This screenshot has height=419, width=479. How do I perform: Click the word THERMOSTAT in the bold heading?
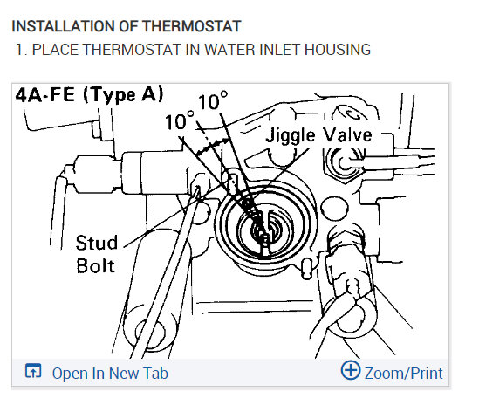point(192,26)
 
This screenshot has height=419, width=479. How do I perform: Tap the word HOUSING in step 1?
point(338,50)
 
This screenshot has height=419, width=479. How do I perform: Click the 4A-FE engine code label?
point(44,95)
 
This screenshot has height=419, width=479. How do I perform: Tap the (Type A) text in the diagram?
point(123,95)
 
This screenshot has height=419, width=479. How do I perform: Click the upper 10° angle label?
point(213,100)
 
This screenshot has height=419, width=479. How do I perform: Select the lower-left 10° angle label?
point(180,120)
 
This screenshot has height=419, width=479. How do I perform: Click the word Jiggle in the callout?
point(291,135)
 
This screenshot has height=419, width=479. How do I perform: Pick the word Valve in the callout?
point(347,134)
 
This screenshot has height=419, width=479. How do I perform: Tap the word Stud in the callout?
point(97,243)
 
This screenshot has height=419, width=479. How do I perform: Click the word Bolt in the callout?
point(95,265)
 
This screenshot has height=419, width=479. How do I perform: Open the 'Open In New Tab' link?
point(110,373)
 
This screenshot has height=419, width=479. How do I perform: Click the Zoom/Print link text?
point(404,374)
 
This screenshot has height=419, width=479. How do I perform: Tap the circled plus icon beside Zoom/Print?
point(351,370)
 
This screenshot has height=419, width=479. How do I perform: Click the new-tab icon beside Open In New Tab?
point(33,371)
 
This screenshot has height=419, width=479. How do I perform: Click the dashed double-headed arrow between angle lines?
point(213,147)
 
